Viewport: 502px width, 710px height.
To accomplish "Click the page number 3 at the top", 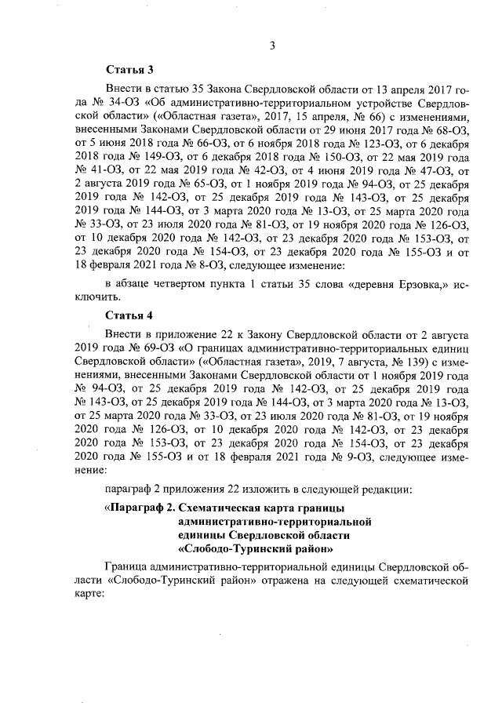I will (x=271, y=46).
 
